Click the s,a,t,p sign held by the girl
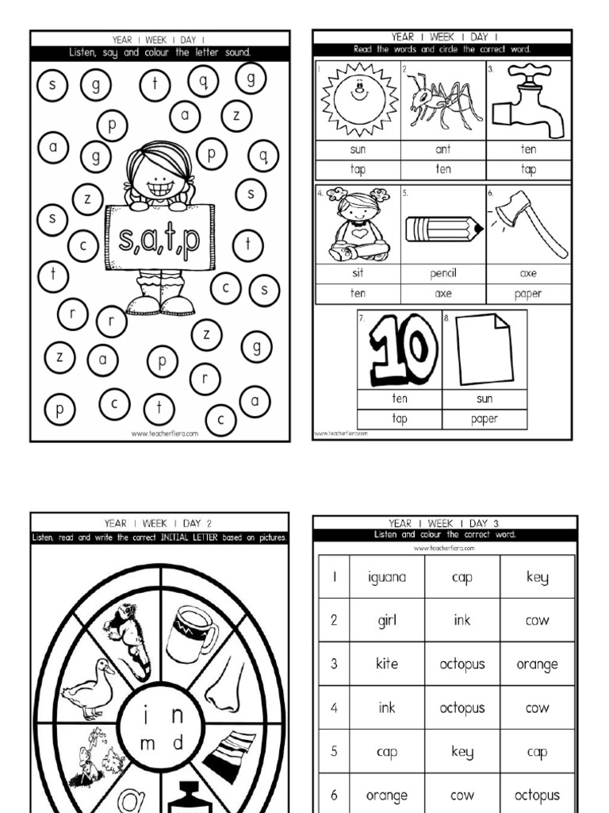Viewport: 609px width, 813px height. coord(159,238)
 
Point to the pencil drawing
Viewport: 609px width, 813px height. coord(443,229)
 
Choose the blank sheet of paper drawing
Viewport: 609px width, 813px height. coord(485,349)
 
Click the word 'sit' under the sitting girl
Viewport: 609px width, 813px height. coord(358,273)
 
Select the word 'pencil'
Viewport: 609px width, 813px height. coord(442,273)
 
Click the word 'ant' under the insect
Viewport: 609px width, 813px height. coord(442,149)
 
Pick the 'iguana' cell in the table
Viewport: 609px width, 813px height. coord(387,577)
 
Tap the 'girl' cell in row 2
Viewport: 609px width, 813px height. coord(387,621)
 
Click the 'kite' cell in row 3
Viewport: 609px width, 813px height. coord(387,664)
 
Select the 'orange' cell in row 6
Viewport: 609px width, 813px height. coord(387,795)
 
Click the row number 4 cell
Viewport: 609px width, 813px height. coord(335,707)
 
